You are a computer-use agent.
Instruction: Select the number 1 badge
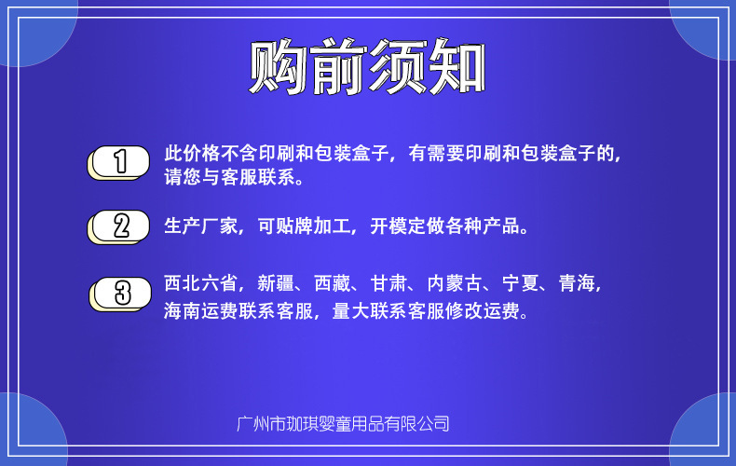119,161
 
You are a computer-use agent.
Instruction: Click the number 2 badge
119,226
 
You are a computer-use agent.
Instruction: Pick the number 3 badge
121,293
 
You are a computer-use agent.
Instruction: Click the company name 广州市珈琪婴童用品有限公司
344,424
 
